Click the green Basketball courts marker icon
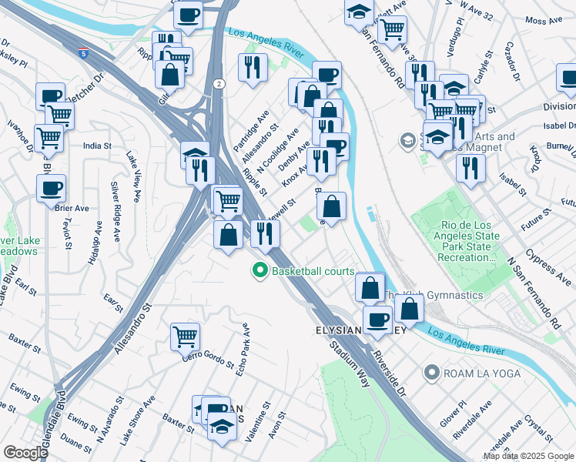(260, 271)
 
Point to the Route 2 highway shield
(219, 83)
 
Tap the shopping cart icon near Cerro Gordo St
(186, 335)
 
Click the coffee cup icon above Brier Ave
(52, 187)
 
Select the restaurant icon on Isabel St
(470, 167)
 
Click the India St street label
(98, 144)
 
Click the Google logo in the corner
(25, 452)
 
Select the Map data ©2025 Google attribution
(528, 456)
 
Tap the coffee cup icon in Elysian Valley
(377, 319)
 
